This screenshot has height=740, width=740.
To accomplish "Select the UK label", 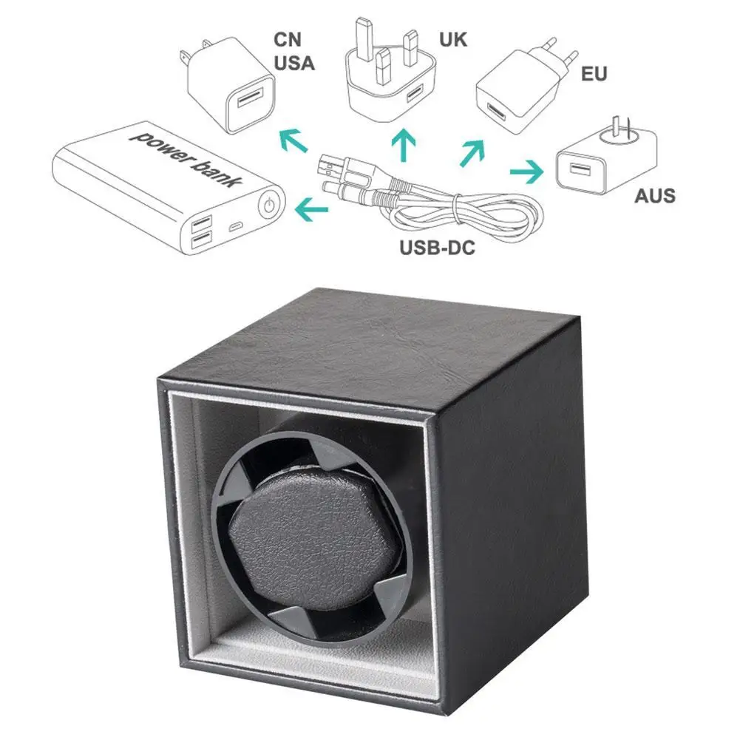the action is (x=453, y=38).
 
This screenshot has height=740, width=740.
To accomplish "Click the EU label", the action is (x=594, y=74).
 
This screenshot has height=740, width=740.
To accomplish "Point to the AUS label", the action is (x=654, y=196).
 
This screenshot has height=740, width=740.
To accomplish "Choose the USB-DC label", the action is (x=436, y=248).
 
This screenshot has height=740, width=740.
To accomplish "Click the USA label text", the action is (x=294, y=63).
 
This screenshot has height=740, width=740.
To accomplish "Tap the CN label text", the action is (x=288, y=39).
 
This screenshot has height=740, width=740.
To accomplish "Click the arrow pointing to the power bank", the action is (x=310, y=211).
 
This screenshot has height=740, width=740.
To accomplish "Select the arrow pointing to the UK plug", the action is (x=403, y=145).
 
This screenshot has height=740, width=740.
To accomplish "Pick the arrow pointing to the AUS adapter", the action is (x=526, y=172).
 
